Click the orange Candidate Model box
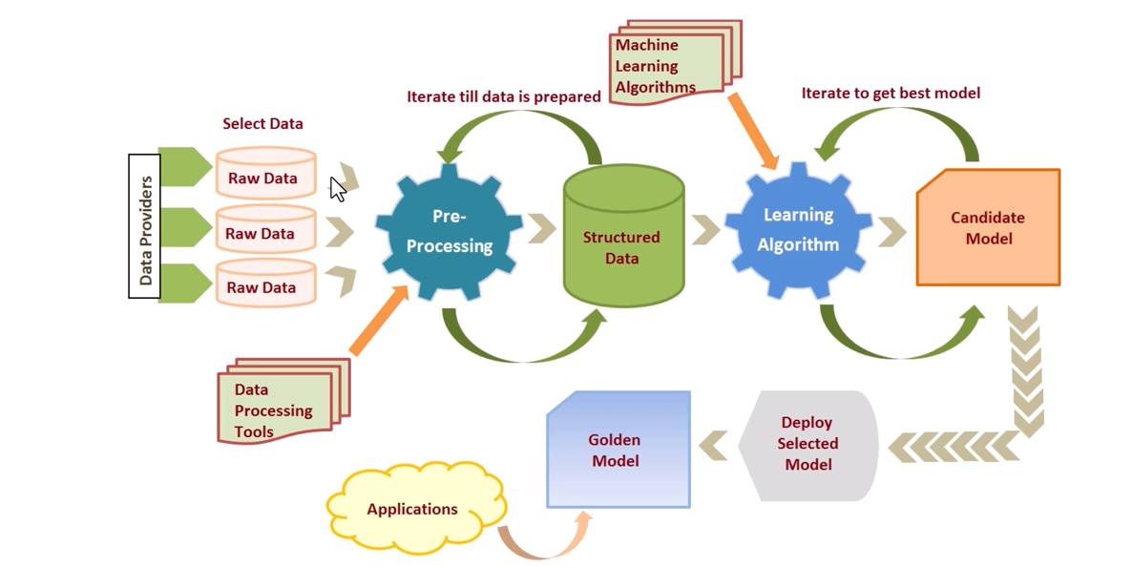click(x=988, y=228)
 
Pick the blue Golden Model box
click(x=618, y=449)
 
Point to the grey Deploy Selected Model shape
click(x=807, y=445)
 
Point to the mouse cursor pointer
click(x=338, y=188)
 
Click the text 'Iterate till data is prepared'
click(x=504, y=96)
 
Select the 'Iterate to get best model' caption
click(x=891, y=93)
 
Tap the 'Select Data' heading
click(x=262, y=123)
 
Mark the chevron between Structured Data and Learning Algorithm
click(x=706, y=229)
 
